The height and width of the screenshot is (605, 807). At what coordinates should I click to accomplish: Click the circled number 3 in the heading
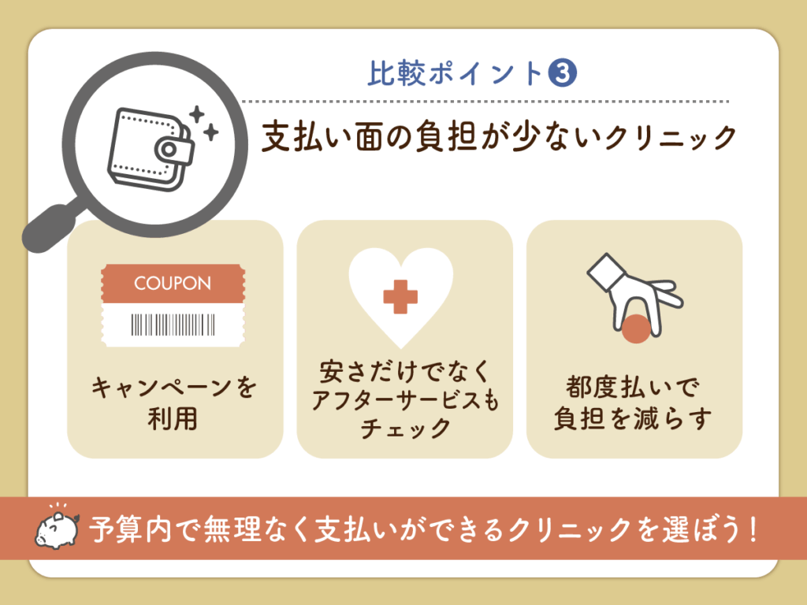point(562,74)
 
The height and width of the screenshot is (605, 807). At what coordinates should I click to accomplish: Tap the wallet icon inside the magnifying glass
point(152,144)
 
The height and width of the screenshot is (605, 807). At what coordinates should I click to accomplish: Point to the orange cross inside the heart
point(400,297)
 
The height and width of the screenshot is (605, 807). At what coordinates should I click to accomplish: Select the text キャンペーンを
point(174,388)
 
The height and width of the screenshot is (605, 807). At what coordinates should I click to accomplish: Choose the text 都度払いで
point(634,388)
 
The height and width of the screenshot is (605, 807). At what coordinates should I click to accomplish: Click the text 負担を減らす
point(634,419)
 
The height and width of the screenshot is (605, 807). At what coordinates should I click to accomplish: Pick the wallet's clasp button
point(167,149)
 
